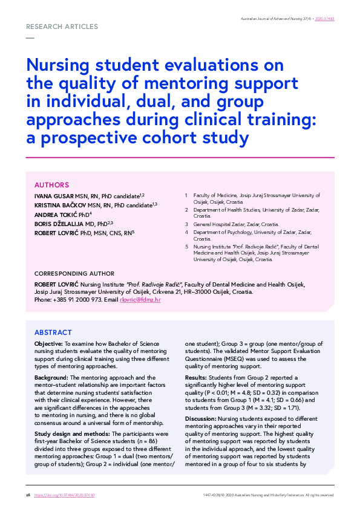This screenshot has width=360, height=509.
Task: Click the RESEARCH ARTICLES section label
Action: pyautogui.click(x=62, y=27)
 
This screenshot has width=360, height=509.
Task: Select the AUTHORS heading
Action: pyautogui.click(x=51, y=185)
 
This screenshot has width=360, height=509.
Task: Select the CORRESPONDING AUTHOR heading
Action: pyautogui.click(x=74, y=274)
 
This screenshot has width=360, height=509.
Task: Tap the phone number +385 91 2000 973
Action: pyautogui.click(x=73, y=299)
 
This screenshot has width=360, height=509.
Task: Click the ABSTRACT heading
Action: pyautogui.click(x=53, y=332)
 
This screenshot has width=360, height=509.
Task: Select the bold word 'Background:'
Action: pyautogui.click(x=52, y=377)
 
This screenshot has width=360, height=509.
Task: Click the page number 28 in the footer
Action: pyautogui.click(x=28, y=495)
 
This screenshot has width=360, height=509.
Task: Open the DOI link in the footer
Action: pyautogui.click(x=65, y=495)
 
